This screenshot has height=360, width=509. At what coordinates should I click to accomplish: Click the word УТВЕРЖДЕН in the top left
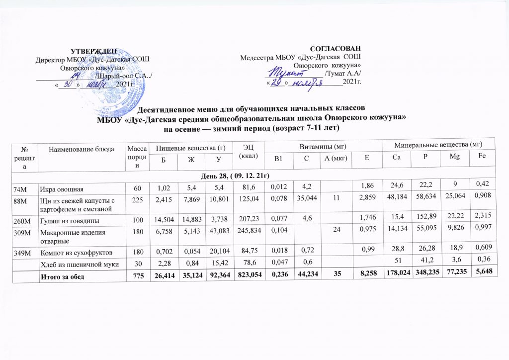[94, 51]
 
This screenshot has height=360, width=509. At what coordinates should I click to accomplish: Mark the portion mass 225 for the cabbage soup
[133, 202]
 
